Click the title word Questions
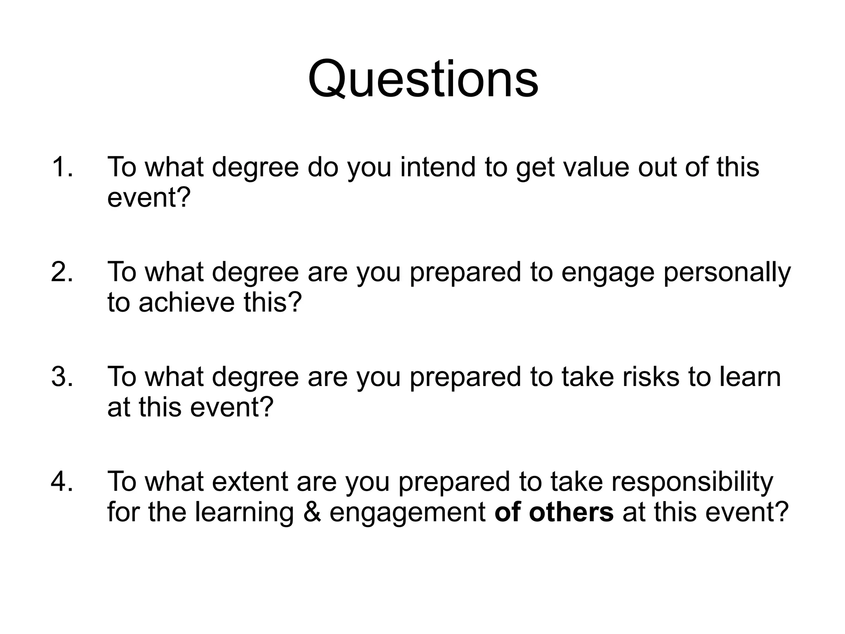tap(423, 79)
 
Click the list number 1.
tap(62, 167)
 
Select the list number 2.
tap(62, 272)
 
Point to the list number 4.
tap(62, 482)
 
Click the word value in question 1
tap(596, 167)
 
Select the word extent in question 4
tap(250, 482)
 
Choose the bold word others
tap(571, 512)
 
